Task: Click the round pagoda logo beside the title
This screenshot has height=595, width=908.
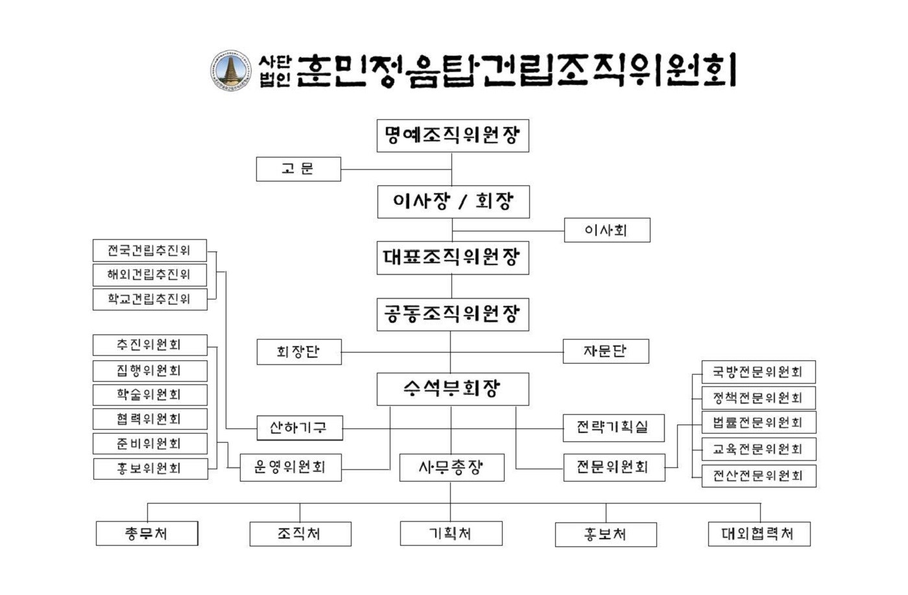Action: (230, 70)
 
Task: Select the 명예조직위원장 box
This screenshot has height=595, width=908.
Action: (452, 135)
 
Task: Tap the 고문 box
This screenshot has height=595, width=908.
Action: (298, 169)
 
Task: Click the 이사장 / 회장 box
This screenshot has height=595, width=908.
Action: (453, 202)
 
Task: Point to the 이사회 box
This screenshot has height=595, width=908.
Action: (606, 230)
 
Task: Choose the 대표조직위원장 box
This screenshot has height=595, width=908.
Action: (452, 258)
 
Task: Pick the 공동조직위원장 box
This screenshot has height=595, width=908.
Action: (452, 314)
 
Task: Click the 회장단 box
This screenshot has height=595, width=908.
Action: (298, 352)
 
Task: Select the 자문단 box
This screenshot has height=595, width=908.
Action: (605, 351)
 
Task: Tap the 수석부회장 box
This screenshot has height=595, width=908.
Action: (452, 389)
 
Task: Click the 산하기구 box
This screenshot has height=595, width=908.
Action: (298, 428)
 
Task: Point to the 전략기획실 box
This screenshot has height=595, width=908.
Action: (613, 428)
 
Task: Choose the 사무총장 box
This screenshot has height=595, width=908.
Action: (451, 467)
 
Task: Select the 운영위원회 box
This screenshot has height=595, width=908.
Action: (290, 467)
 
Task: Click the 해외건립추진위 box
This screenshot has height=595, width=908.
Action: (149, 275)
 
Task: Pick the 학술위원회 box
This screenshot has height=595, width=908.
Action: (149, 395)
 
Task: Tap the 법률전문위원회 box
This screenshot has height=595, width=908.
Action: (758, 423)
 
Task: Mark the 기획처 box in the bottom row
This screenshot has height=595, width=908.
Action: (451, 534)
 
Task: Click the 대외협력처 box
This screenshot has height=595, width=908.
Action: (758, 534)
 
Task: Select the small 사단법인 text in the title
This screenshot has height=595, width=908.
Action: (275, 71)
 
